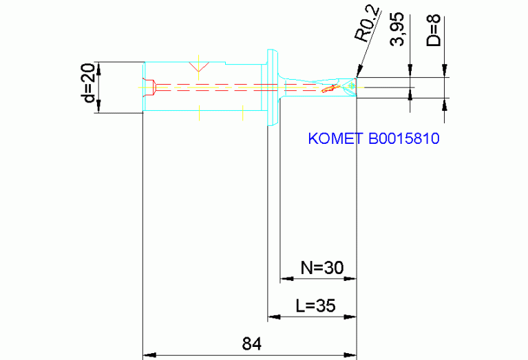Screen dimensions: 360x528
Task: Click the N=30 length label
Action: coord(318,267)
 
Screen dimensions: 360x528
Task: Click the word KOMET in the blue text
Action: coord(336,138)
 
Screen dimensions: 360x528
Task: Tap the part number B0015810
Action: coord(403,138)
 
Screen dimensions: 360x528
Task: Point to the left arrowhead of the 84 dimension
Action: coord(147,355)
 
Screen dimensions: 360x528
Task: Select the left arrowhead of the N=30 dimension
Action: coord(284,279)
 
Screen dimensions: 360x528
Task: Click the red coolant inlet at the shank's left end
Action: coord(149,87)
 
